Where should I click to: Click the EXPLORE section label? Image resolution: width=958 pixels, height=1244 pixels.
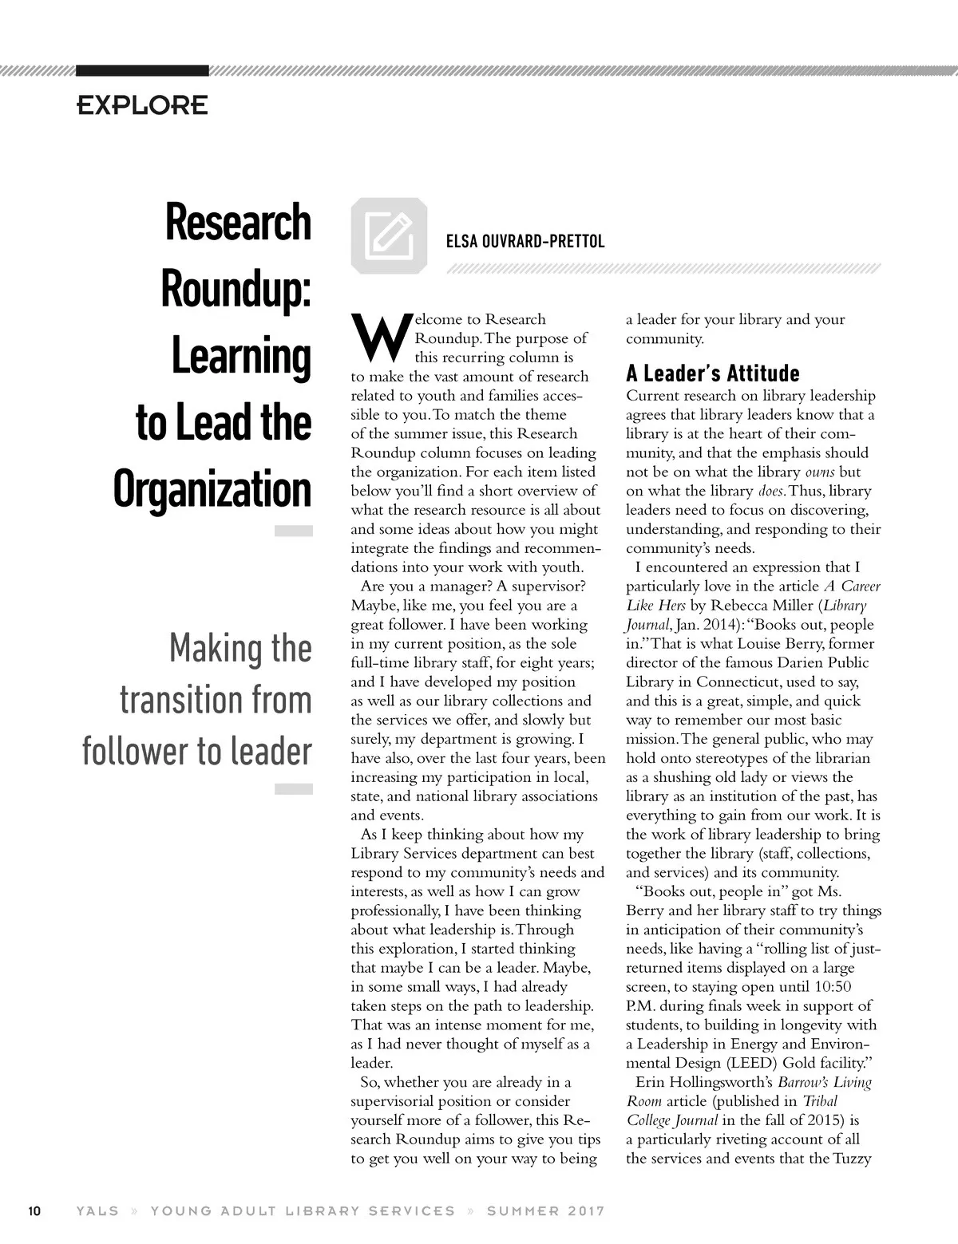point(142,105)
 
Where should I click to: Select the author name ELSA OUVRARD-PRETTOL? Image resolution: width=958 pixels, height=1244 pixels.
point(525,241)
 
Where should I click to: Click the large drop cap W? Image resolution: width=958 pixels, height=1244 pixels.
point(380,338)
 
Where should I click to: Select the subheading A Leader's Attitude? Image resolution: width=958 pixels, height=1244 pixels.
point(712,373)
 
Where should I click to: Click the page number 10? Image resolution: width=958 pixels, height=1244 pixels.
point(34,1210)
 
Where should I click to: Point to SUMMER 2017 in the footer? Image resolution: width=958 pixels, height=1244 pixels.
point(545,1210)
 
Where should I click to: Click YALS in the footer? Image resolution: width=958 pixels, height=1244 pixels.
point(97,1210)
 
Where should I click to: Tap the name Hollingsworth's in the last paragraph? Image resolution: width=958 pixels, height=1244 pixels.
point(725,1083)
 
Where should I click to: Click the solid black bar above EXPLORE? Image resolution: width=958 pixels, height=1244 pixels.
point(142,70)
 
